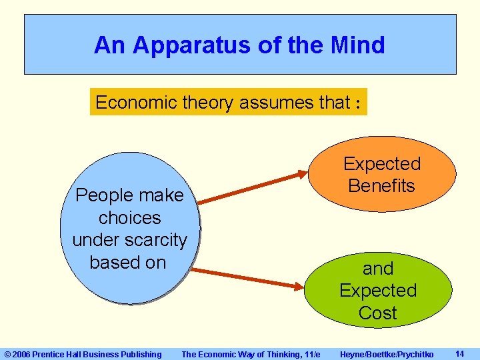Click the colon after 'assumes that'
click(x=358, y=103)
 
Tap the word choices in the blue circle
click(x=129, y=218)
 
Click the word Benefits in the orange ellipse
click(x=381, y=186)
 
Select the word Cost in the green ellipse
click(x=377, y=313)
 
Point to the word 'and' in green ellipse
click(x=378, y=269)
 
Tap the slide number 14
click(x=459, y=353)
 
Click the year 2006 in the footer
click(x=21, y=354)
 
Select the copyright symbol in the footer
click(x=7, y=354)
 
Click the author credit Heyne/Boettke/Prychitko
click(x=386, y=354)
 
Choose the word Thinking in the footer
click(x=271, y=354)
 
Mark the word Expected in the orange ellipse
click(x=382, y=163)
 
